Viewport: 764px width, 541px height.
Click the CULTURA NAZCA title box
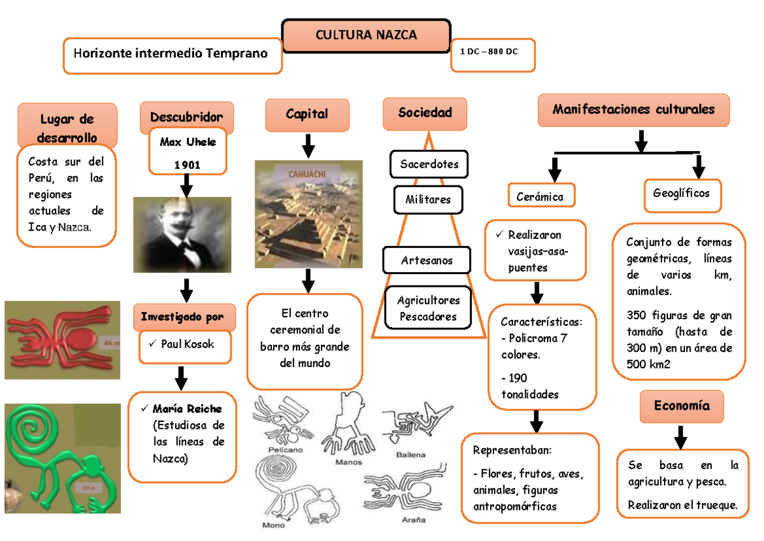point(366,36)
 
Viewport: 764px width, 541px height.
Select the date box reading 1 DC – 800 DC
point(493,54)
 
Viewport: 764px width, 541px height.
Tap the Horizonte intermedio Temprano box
point(172,55)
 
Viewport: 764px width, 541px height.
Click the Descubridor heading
point(187,117)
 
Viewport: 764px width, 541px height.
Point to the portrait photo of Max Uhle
point(182,234)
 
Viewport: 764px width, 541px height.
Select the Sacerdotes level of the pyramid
point(429,164)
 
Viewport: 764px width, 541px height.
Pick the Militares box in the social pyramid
point(428,199)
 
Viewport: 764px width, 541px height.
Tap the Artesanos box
point(427,260)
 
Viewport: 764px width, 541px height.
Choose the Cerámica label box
point(541,197)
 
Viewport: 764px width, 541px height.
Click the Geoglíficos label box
point(681,193)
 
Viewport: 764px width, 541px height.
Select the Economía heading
point(681,406)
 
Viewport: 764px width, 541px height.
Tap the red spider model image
point(62,340)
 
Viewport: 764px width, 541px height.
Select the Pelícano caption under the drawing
point(285,449)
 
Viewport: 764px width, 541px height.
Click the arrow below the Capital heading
point(308,145)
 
